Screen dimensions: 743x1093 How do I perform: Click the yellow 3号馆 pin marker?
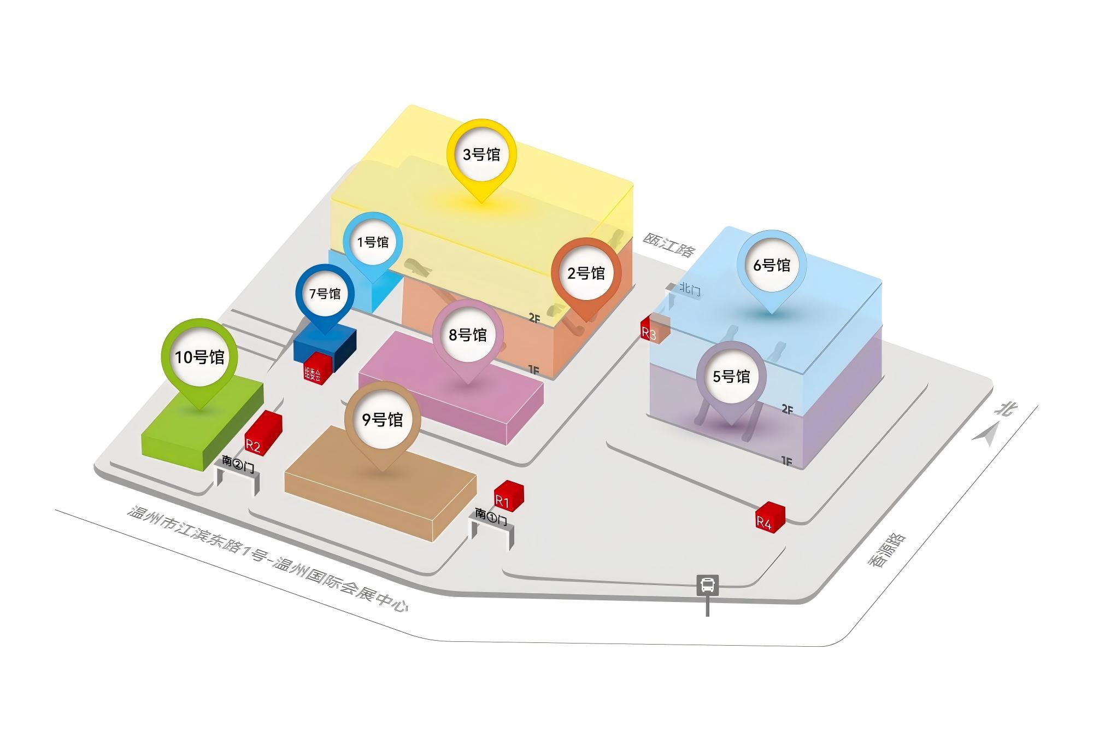point(481,154)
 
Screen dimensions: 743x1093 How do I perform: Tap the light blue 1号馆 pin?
point(373,242)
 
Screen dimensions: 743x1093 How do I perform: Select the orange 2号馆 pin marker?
point(586,273)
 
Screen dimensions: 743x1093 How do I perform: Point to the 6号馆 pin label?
point(772,265)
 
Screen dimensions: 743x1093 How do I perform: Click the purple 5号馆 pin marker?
point(731,376)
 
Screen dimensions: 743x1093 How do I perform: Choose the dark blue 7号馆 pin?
point(325,294)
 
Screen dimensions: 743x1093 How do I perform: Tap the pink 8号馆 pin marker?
point(468,335)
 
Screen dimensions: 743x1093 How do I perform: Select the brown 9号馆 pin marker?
point(383,419)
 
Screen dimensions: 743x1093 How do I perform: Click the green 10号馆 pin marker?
point(199,357)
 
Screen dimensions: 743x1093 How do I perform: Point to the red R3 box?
point(654,329)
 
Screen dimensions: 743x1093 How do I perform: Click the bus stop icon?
point(707,585)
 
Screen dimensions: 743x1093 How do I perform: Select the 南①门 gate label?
point(490,516)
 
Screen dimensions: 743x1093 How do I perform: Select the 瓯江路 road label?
point(668,244)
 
